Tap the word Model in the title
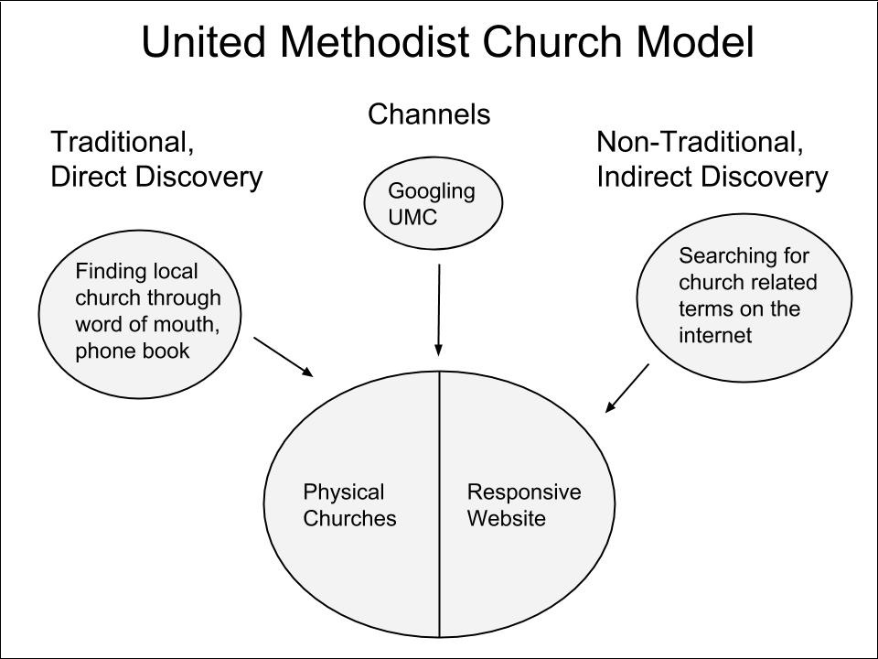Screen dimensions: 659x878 tap(696, 42)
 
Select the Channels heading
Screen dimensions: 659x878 tap(429, 114)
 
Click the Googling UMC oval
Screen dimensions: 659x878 tap(433, 204)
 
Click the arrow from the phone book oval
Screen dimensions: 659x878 tap(284, 356)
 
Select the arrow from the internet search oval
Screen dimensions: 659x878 tap(628, 388)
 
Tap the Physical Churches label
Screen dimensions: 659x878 tap(349, 505)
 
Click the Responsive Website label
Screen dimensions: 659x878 tap(523, 505)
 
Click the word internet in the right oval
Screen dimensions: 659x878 tap(715, 335)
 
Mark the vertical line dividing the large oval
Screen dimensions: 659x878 tap(440, 549)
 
